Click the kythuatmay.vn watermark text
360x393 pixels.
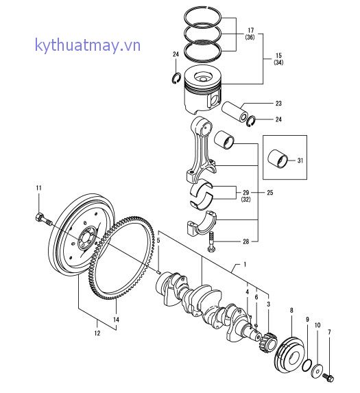pos(88,46)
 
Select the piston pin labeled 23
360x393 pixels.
pos(237,110)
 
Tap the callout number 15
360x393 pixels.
pos(278,55)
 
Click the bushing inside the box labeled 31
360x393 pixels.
pos(280,160)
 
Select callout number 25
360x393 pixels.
pos(269,193)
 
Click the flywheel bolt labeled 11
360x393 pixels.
pos(42,219)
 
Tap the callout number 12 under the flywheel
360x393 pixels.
pos(97,333)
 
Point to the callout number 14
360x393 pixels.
pos(117,320)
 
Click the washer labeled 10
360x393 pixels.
pos(317,371)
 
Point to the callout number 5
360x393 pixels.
pos(157,240)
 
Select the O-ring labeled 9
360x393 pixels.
pos(307,363)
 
